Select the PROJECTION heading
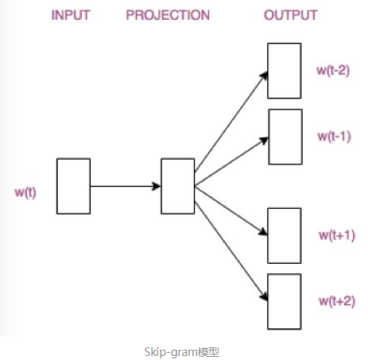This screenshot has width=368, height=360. point(168,15)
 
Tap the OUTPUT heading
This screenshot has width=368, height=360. point(290,15)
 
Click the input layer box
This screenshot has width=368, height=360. point(73,186)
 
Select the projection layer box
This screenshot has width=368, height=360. point(177,186)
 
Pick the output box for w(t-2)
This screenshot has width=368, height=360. point(284,71)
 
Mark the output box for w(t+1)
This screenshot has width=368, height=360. point(284,235)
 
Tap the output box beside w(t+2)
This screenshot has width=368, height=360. point(284,301)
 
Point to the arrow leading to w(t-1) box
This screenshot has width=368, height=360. point(230,159)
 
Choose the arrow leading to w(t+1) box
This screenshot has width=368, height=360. point(230,210)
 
